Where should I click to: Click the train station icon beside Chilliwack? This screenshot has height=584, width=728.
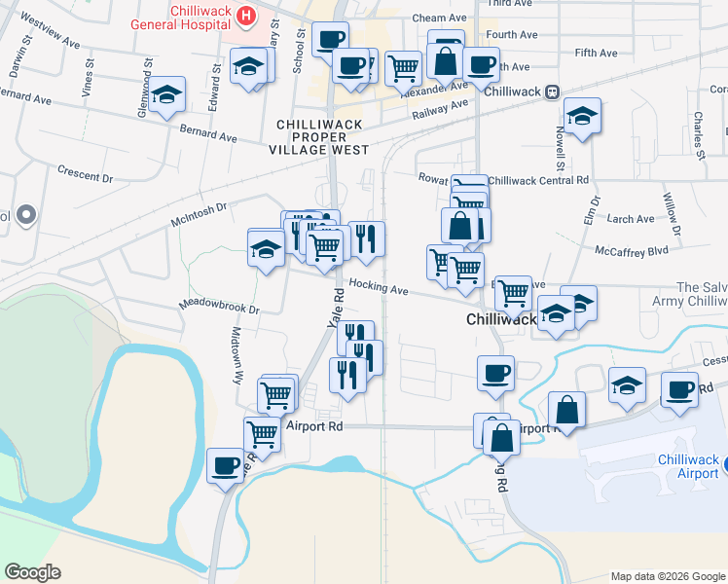click(x=552, y=91)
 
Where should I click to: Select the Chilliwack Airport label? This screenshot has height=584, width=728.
click(x=688, y=466)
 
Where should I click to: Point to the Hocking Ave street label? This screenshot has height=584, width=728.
click(x=379, y=289)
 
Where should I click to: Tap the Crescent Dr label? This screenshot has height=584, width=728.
click(x=86, y=176)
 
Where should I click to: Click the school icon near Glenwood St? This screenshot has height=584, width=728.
click(x=167, y=94)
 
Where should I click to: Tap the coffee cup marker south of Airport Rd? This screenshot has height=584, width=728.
click(x=226, y=464)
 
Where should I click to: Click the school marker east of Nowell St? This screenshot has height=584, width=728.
click(x=582, y=116)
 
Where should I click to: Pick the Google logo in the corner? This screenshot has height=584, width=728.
click(x=32, y=571)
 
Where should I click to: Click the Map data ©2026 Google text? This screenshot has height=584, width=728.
click(x=667, y=576)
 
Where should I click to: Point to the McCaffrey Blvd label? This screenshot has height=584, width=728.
click(x=632, y=250)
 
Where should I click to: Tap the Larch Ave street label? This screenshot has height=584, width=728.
click(x=631, y=219)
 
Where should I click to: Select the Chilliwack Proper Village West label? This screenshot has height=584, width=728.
click(x=322, y=137)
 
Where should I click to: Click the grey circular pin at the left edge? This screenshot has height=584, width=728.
click(x=25, y=213)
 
